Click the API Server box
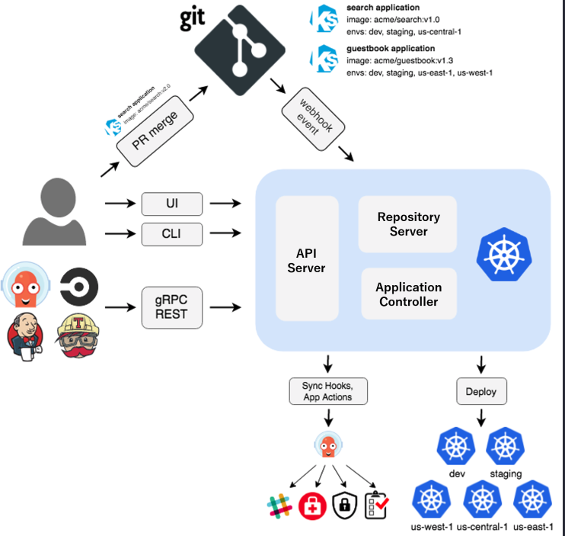306,259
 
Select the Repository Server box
408,224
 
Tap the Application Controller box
408,294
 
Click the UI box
173,204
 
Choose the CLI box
173,234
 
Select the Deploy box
480,392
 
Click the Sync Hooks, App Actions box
327,392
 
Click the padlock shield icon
344,504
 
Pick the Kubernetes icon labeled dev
457,447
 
